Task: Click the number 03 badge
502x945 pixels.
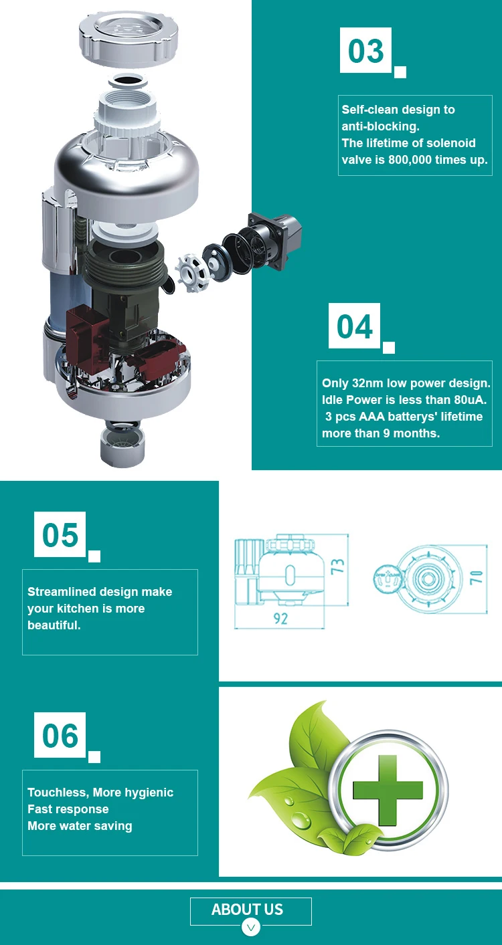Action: [x=365, y=50]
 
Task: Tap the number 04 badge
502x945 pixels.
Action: [x=354, y=326]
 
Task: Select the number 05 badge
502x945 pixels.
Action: [x=60, y=534]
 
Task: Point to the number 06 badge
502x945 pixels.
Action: [x=60, y=735]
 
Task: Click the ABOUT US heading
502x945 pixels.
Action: [x=248, y=909]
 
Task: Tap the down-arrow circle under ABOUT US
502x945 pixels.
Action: [x=251, y=927]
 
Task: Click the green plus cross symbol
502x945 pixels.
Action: [x=388, y=790]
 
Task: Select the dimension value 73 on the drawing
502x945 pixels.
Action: [x=338, y=566]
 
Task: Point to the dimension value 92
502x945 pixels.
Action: [x=280, y=619]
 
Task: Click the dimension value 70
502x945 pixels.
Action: [x=476, y=576]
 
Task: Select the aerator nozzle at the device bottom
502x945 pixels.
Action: [x=122, y=444]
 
